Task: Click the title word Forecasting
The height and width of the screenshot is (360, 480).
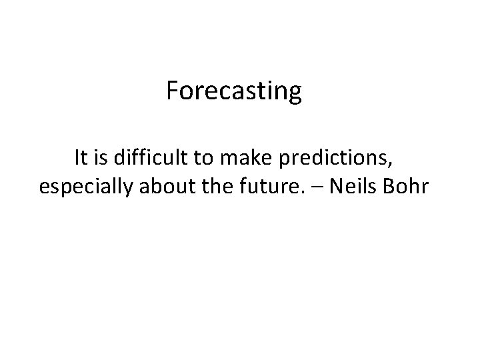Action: (234, 91)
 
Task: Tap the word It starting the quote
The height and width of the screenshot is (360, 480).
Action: (81, 158)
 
